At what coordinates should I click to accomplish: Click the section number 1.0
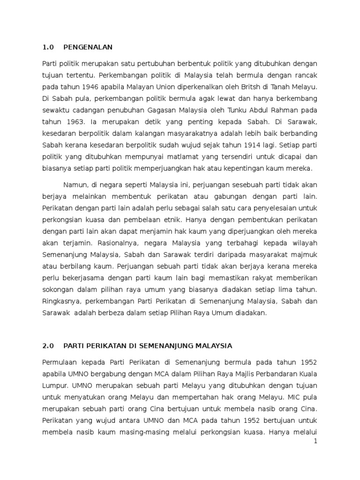coord(49,47)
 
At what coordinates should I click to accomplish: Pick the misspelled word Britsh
coord(253,87)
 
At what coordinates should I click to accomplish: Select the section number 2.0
coord(49,346)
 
